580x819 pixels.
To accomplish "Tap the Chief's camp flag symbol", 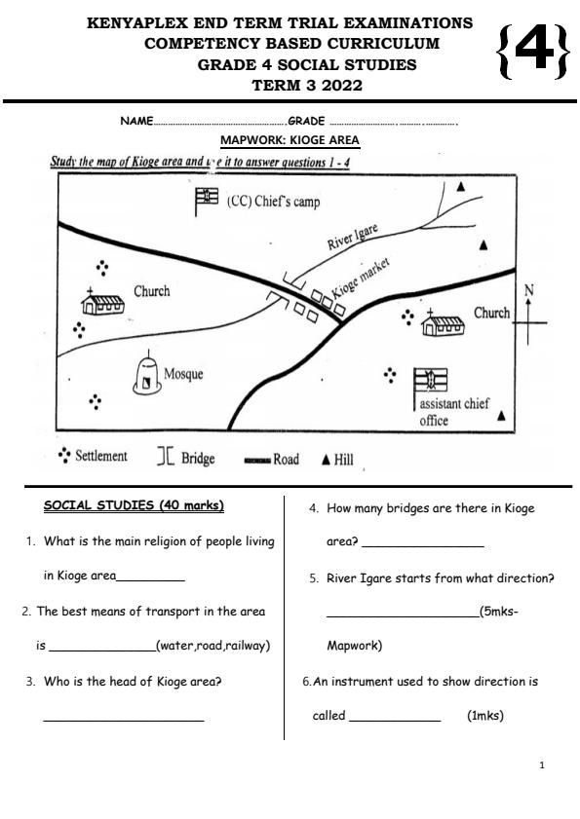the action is click(x=207, y=201).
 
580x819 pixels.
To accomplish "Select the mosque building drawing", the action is click(x=147, y=375).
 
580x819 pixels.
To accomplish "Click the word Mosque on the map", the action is click(x=183, y=374).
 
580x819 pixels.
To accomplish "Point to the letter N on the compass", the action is click(x=528, y=290).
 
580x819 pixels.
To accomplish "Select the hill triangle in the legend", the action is click(x=326, y=460).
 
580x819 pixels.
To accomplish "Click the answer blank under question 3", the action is click(x=124, y=720).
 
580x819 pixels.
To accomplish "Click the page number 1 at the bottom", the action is click(x=542, y=765).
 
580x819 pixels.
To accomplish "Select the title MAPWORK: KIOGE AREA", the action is click(x=290, y=140).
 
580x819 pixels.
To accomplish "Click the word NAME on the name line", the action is click(x=136, y=121).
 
